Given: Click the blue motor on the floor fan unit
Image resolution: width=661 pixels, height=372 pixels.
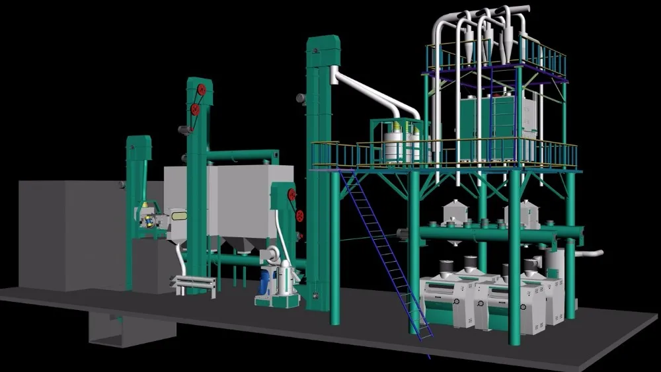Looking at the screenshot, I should [x=267, y=281].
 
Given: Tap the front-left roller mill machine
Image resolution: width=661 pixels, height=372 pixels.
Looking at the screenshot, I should [x=449, y=301].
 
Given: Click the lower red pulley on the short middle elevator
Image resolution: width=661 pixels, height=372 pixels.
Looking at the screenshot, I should [x=299, y=215].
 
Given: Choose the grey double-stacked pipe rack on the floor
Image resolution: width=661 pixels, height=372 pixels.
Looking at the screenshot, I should [x=193, y=285].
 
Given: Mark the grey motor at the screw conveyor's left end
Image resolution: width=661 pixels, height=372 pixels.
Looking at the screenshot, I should [x=403, y=233].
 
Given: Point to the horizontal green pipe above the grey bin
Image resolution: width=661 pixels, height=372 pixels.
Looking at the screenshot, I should [x=241, y=156].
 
